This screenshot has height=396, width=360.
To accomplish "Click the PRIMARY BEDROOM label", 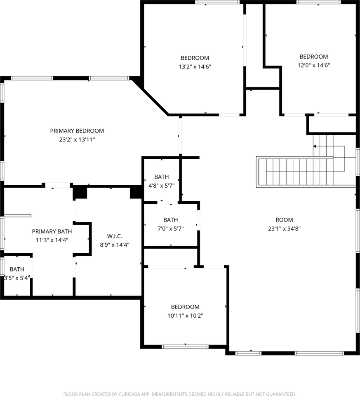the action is pos(77,131).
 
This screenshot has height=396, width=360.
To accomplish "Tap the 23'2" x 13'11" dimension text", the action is pos(77,139).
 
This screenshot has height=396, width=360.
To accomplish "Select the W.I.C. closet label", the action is pos(115,236).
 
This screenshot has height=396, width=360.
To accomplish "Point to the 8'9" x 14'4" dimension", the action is pos(115,245).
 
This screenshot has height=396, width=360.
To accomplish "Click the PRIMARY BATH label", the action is pos(52,231).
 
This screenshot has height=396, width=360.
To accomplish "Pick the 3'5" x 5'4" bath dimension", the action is pos(17,278).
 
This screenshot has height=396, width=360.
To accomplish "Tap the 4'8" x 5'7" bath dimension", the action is pos(162,186).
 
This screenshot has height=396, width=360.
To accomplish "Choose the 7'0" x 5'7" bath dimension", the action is pos(171,229).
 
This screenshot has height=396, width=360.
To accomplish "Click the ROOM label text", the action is pos(284,220).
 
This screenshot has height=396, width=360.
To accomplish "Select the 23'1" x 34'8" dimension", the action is pos(284,229).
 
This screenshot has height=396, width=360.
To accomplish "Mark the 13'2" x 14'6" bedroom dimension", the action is pos(195,67).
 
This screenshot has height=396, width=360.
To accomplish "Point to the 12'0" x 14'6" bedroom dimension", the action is pos(314,65).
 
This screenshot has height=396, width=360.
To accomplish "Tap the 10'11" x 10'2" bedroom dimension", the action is pos(185,316).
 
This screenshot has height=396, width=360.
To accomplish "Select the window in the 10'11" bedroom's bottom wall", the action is pos(185,347).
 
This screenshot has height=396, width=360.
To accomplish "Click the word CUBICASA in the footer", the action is pos(129,394).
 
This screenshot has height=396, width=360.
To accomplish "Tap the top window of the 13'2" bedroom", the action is pos(218,2).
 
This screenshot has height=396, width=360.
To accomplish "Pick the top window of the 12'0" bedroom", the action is pos(319,2).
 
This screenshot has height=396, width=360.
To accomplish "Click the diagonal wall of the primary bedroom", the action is pos(150,96).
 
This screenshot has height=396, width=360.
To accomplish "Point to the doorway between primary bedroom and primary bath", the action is pos(58,185).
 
